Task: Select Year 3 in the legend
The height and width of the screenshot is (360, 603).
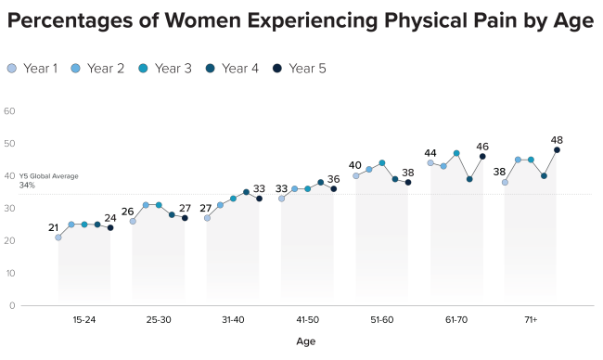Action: pyautogui.click(x=167, y=68)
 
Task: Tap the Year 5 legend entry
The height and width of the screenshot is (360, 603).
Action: pyautogui.click(x=301, y=68)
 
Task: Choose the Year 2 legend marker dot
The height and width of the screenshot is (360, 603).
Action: pyautogui.click(x=77, y=68)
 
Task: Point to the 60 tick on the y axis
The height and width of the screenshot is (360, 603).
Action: pyautogui.click(x=10, y=111)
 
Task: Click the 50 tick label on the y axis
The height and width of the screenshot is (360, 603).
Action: pyautogui.click(x=10, y=144)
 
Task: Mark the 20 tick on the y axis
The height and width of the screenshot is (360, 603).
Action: pyautogui.click(x=10, y=241)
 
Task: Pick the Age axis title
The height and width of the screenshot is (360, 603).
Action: pyautogui.click(x=306, y=341)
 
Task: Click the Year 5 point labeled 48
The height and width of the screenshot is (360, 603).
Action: pyautogui.click(x=557, y=149)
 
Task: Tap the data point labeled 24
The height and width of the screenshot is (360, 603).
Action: pyautogui.click(x=110, y=227)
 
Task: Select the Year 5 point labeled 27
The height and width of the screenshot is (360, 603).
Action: pyautogui.click(x=185, y=218)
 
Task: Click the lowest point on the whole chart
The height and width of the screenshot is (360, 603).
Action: pyautogui.click(x=58, y=238)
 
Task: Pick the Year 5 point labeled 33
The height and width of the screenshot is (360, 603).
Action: pyautogui.click(x=259, y=199)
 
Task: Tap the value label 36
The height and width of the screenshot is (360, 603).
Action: pyautogui.click(x=334, y=179)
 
